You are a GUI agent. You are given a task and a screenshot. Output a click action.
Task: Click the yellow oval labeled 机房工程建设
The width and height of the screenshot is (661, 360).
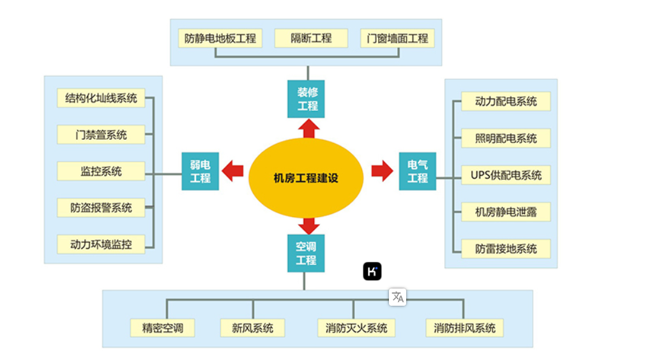pyautogui.click(x=305, y=178)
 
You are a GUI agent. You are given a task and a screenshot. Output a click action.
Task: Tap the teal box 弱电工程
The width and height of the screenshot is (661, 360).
pyautogui.click(x=200, y=171)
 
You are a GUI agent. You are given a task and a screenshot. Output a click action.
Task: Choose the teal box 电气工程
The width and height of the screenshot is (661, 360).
pyautogui.click(x=418, y=171)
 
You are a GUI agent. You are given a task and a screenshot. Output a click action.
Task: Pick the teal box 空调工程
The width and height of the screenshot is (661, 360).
pyautogui.click(x=306, y=253)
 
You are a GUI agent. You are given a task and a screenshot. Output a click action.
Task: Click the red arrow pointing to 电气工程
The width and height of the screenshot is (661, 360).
pyautogui.click(x=382, y=171)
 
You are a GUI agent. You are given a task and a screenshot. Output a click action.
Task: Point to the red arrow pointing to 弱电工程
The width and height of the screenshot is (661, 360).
pyautogui.click(x=232, y=171)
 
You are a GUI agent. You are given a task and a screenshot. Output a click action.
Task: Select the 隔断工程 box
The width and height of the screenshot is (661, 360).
pyautogui.click(x=311, y=38)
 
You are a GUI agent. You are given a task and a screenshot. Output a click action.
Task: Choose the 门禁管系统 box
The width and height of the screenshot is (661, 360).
pyautogui.click(x=101, y=135)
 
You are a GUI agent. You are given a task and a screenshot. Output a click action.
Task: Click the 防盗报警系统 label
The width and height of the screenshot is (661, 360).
pyautogui.click(x=101, y=207)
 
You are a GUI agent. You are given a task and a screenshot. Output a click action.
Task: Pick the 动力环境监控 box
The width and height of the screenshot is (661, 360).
pyautogui.click(x=101, y=244)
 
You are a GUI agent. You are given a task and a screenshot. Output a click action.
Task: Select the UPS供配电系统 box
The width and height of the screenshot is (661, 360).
pyautogui.click(x=506, y=175)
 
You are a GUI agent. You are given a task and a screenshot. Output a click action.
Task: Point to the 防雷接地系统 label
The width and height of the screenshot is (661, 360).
pyautogui.click(x=506, y=249)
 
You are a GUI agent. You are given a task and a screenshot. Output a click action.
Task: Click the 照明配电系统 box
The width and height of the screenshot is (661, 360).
pyautogui.click(x=506, y=139)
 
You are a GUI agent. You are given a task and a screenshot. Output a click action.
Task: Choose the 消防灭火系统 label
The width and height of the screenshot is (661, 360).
pyautogui.click(x=356, y=328)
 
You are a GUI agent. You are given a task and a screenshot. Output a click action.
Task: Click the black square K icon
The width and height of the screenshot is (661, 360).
pyautogui.click(x=372, y=271)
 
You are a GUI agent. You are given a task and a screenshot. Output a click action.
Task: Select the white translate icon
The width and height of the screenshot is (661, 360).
pyautogui.click(x=398, y=297)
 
